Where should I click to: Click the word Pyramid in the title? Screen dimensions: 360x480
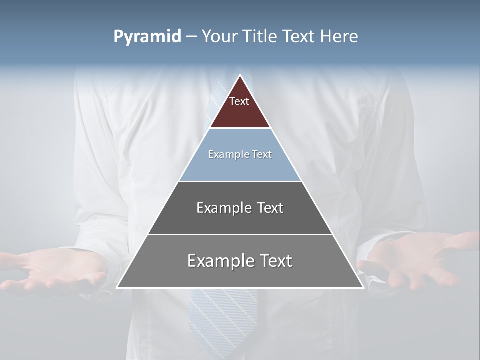[147, 37]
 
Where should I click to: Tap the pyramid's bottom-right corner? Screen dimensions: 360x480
[362, 287]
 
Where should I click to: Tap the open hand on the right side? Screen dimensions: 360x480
[420, 260]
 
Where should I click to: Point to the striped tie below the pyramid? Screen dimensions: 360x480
[222, 320]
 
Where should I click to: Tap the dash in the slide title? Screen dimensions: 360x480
[191, 37]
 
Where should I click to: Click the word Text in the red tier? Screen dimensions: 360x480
[239, 101]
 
